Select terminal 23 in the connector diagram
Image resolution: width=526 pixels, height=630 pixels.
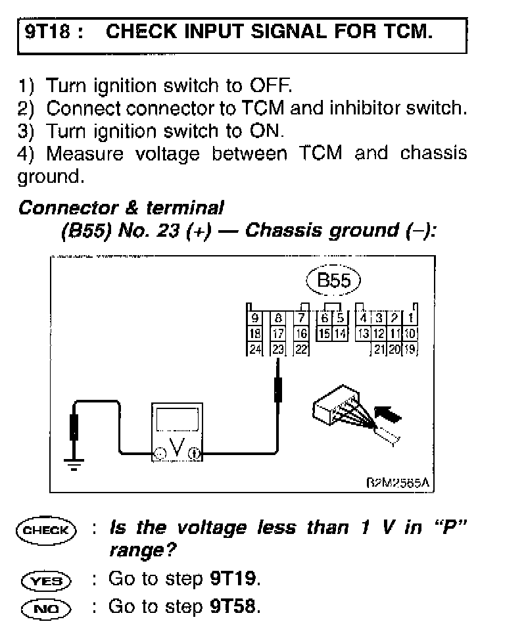click(278, 349)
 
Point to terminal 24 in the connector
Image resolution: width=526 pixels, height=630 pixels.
click(254, 349)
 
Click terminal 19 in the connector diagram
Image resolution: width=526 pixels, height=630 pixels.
click(410, 349)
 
